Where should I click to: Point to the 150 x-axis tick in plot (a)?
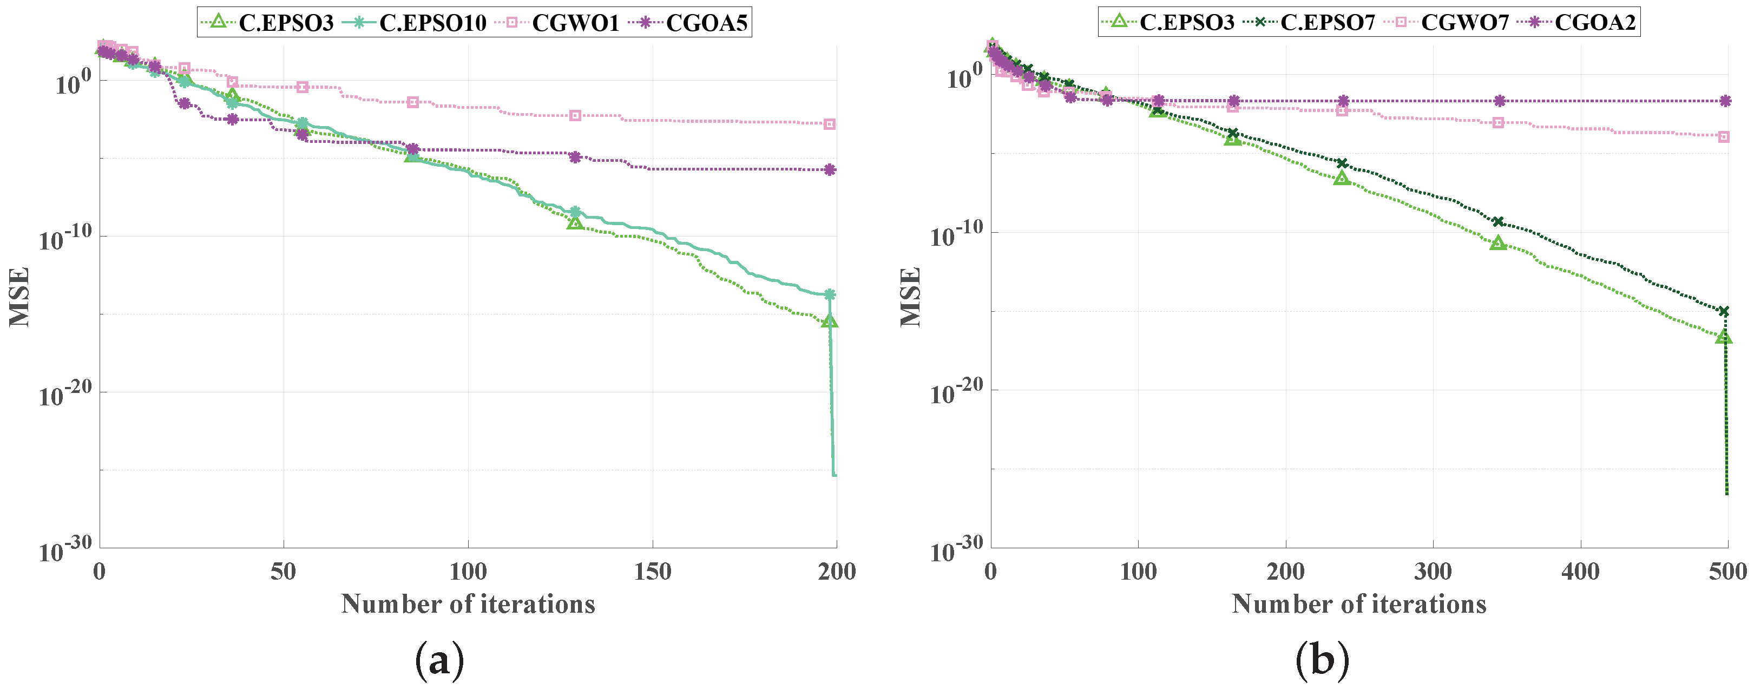pyautogui.click(x=652, y=572)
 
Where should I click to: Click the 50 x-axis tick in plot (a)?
pyautogui.click(x=283, y=572)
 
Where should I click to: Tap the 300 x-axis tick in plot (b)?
pyautogui.click(x=1433, y=572)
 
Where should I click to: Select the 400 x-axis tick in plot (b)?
pyautogui.click(x=1580, y=572)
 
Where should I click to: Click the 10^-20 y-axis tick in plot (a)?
pyautogui.click(x=65, y=393)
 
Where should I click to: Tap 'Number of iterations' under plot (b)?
pyautogui.click(x=1358, y=604)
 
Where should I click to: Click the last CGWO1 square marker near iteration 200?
pyautogui.click(x=829, y=124)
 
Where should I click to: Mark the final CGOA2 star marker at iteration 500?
pyautogui.click(x=1725, y=101)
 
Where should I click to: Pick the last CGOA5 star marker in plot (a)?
pyautogui.click(x=829, y=169)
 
